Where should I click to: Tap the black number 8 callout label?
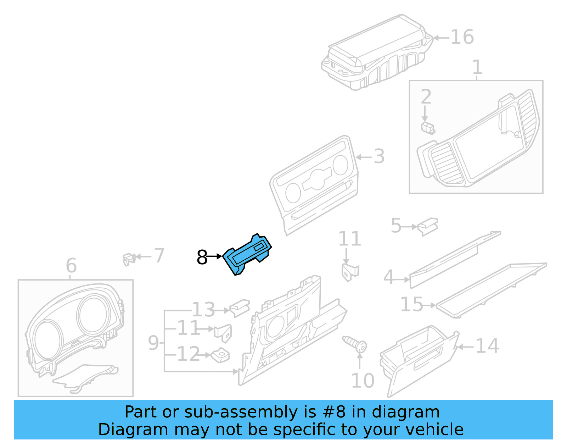pos(202,257)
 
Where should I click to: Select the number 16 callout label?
pos(462,37)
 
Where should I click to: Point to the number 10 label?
pos(362,381)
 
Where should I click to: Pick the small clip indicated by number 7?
pos(129,259)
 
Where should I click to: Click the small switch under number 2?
pos(428,128)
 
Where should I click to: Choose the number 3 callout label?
pos(379,156)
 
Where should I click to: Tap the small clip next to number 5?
pos(428,226)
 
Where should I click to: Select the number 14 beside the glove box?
pos(487,346)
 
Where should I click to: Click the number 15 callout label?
pos(411,305)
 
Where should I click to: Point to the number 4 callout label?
pos(388,277)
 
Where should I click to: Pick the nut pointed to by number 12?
pos(220,355)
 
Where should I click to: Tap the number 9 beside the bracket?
pos(153,343)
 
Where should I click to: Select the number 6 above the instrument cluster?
pos(71,265)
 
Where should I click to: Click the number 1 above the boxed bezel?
pos(477,67)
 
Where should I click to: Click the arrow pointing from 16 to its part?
pos(441,38)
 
